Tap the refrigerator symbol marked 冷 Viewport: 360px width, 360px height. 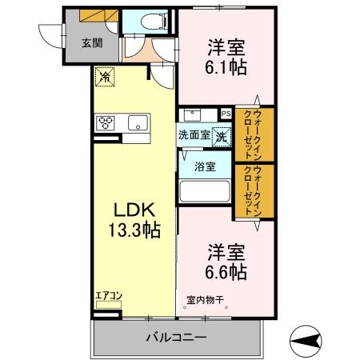click(x=105, y=78)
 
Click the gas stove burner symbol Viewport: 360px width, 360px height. click(x=106, y=122)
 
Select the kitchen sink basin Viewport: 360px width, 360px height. click(x=138, y=122)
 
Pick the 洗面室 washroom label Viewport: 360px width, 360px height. click(x=194, y=134)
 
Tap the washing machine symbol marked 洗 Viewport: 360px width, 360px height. click(x=221, y=134)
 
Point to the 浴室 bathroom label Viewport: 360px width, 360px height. click(x=205, y=166)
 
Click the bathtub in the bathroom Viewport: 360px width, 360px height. click(x=204, y=191)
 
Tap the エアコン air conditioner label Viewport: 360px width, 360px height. click(x=108, y=296)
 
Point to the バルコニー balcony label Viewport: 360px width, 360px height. click(x=176, y=338)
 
